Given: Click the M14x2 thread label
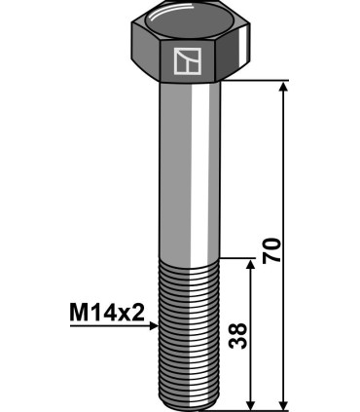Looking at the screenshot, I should tap(106, 313).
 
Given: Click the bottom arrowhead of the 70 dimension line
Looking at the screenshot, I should tap(283, 402).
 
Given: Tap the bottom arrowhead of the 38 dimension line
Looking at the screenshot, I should tap(252, 402).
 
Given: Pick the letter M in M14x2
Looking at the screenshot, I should tap(79, 313).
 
